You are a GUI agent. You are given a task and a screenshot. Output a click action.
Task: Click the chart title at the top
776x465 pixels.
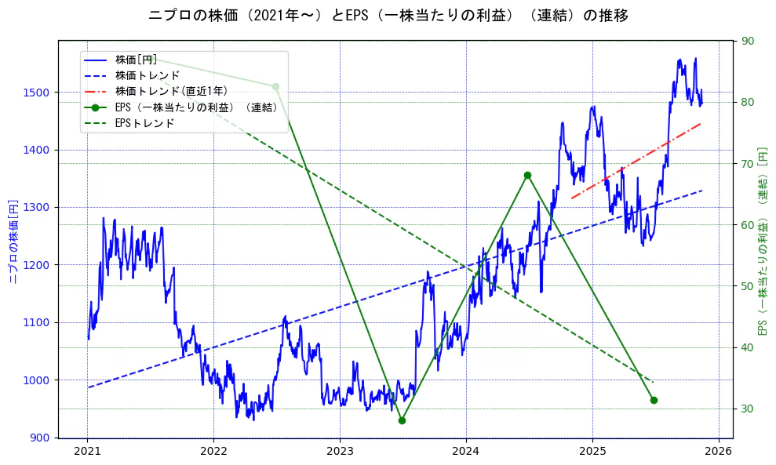point(388,16)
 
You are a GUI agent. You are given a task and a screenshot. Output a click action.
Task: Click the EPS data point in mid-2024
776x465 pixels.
point(527,176)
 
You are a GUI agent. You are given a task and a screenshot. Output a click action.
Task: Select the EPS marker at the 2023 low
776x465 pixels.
point(402,420)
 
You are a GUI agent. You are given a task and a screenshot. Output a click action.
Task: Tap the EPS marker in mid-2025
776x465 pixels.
point(654,400)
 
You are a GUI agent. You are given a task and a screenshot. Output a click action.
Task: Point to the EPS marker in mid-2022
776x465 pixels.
point(275,86)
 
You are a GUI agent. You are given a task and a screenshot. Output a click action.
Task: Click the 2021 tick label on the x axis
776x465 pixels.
point(87,452)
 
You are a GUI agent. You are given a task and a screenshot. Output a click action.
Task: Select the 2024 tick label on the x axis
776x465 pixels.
point(466,452)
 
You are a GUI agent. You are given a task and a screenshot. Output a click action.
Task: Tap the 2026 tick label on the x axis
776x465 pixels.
point(718,452)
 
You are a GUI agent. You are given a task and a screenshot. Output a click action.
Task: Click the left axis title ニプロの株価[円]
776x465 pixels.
point(13,239)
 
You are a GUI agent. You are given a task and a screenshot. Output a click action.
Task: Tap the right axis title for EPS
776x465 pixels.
point(763,239)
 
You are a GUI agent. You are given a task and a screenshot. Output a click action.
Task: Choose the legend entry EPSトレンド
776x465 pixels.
point(144,123)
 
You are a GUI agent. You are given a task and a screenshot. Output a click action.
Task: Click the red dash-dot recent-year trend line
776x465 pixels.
point(636,161)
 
